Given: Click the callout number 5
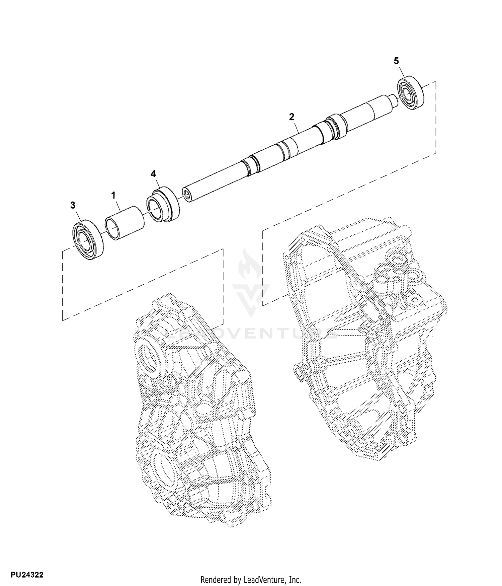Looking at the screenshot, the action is [x=396, y=61].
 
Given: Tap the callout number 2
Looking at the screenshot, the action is [x=291, y=117].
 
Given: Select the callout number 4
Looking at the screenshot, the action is [x=153, y=174].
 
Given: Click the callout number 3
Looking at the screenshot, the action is [x=73, y=205].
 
